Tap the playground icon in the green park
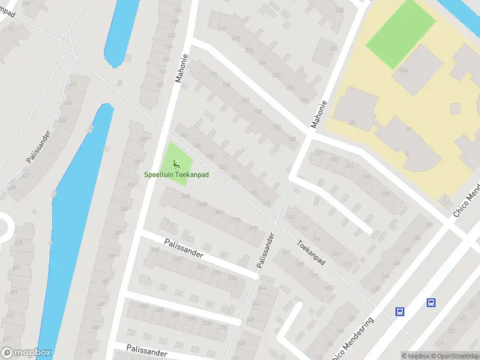(176, 163)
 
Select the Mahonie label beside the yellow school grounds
(319, 114)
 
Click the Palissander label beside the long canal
(37, 146)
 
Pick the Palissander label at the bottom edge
(146, 350)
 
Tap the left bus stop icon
(400, 311)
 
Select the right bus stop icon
(431, 302)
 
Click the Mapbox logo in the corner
(26, 353)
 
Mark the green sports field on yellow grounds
(400, 26)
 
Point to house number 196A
(402, 70)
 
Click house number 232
(340, 10)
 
